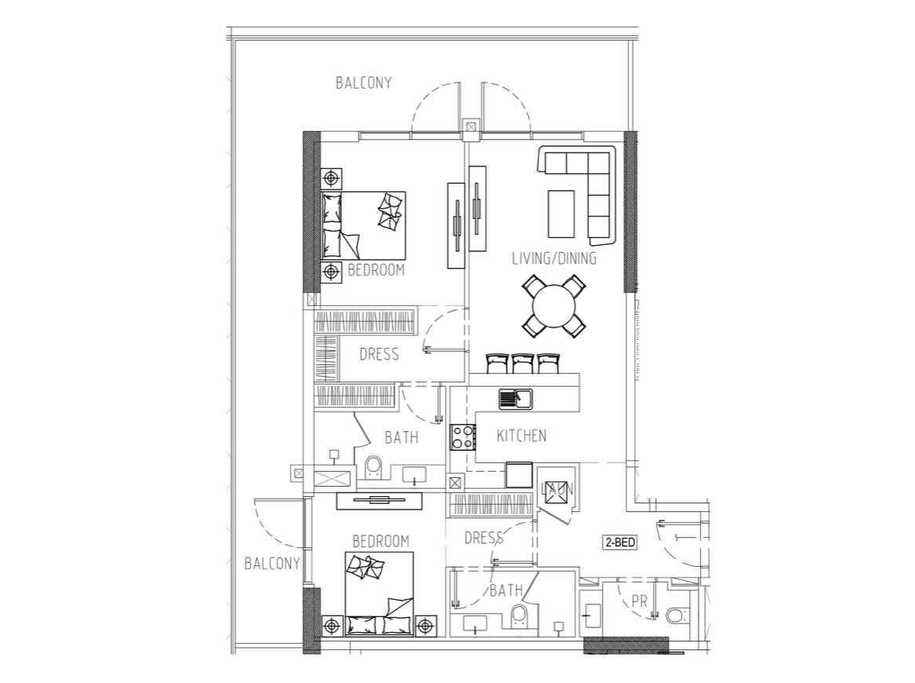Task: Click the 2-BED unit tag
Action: (x=619, y=542)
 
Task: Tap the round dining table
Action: (x=554, y=306)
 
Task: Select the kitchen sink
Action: (x=516, y=400)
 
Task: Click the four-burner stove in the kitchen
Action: (x=463, y=436)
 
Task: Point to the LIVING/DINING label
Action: (x=554, y=258)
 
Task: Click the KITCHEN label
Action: (x=522, y=436)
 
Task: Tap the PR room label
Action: (x=640, y=601)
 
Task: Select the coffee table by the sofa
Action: (x=561, y=214)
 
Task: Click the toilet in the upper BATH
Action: (x=372, y=467)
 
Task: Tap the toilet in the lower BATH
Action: (x=518, y=615)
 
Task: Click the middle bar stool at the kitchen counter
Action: (x=523, y=363)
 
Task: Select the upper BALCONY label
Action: (x=363, y=83)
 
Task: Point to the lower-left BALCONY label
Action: (x=272, y=564)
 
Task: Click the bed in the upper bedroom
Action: (x=363, y=225)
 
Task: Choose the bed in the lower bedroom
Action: (x=379, y=594)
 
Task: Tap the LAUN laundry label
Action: (x=557, y=488)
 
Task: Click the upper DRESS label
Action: (x=379, y=354)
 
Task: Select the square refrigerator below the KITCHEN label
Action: (x=519, y=475)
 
